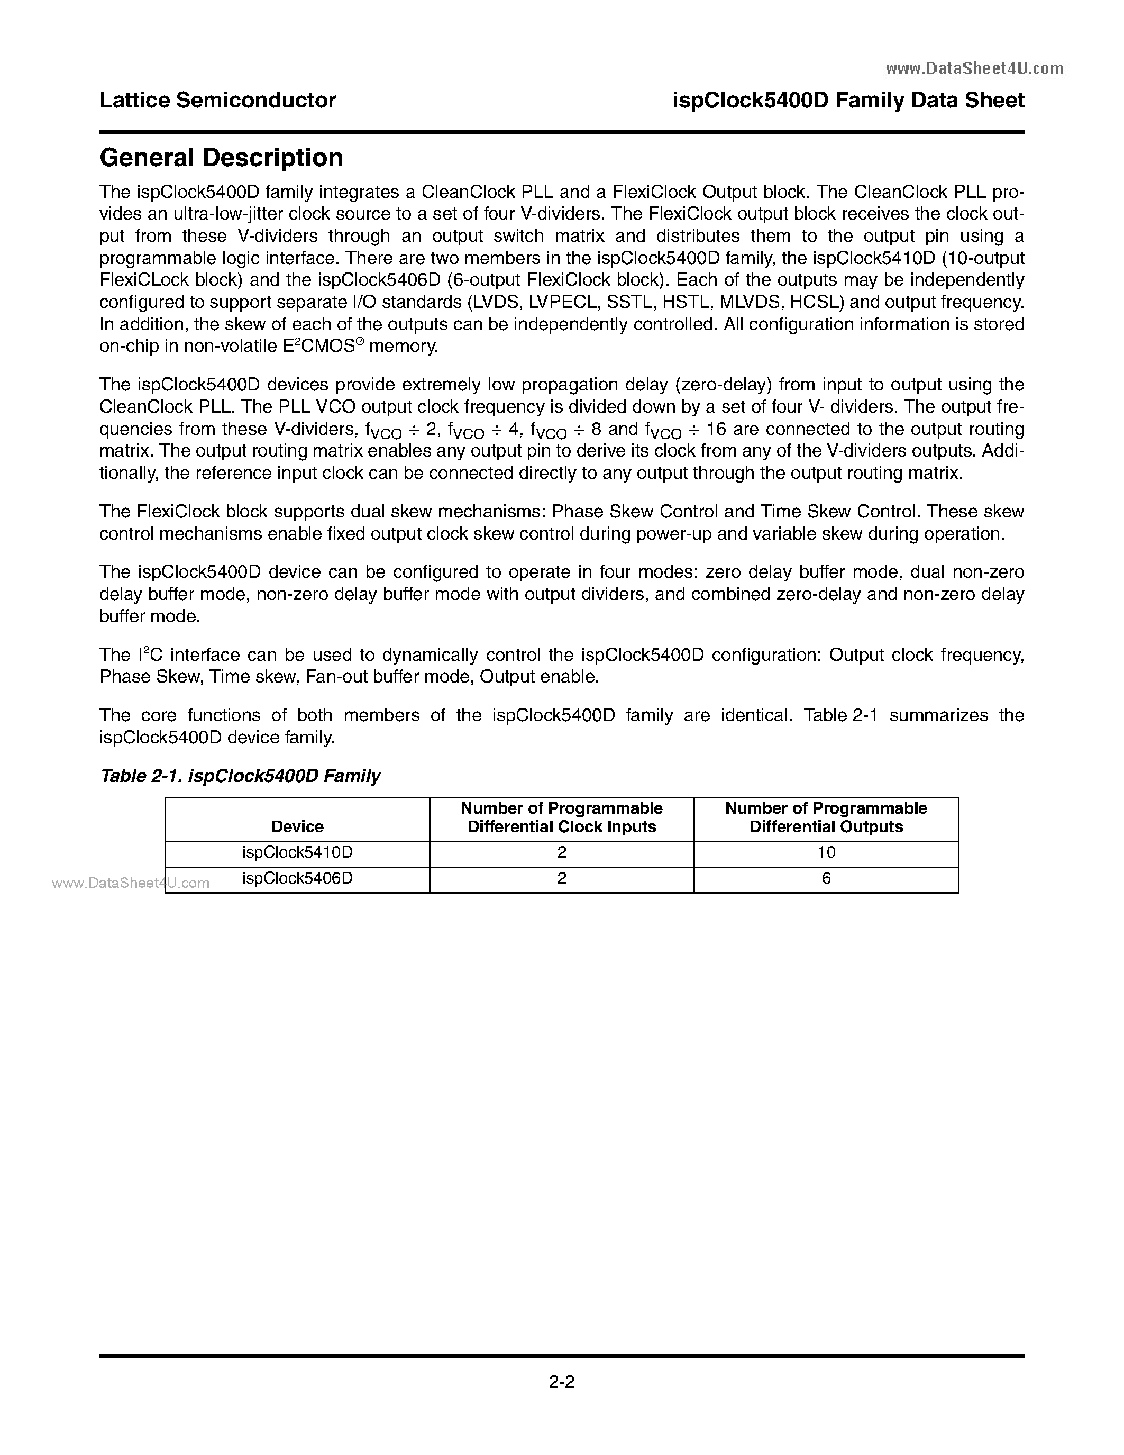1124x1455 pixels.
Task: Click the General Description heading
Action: pos(221,158)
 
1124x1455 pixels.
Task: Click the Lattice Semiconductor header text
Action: pos(217,101)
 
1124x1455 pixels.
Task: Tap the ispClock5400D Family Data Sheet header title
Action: pos(848,101)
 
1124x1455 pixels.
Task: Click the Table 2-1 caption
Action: pos(240,776)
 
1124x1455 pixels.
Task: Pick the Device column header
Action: pos(297,827)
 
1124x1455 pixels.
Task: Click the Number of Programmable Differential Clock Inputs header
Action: pos(561,817)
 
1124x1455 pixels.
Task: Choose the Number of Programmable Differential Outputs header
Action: pos(826,817)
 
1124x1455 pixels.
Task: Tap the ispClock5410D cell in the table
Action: pos(297,853)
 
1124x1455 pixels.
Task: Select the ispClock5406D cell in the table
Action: pos(297,879)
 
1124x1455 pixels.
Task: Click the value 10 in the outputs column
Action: pos(826,853)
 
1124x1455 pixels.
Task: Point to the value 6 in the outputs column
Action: pos(826,879)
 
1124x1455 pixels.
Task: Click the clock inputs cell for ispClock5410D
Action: pos(561,853)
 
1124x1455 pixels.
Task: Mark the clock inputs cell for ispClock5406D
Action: pos(561,879)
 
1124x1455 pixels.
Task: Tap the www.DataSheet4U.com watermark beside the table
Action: pos(131,884)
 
